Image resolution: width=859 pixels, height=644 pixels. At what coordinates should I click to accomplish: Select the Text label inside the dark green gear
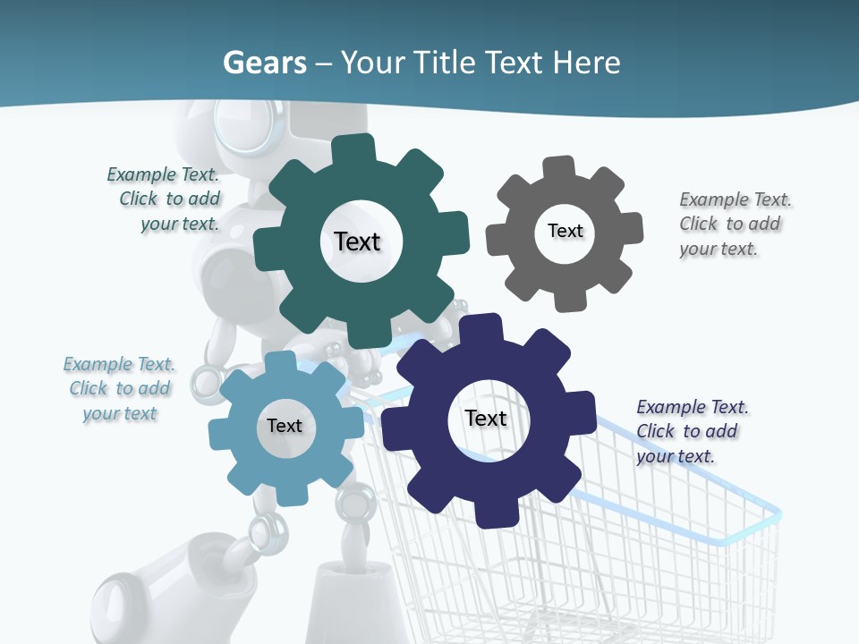click(x=357, y=241)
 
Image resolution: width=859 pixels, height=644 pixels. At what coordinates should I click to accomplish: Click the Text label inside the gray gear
click(x=565, y=231)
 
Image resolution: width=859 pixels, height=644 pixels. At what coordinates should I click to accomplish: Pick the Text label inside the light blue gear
click(x=285, y=426)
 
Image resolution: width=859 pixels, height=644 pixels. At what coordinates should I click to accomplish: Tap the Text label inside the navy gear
click(x=486, y=418)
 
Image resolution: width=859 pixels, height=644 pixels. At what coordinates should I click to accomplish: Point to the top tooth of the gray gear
click(x=558, y=167)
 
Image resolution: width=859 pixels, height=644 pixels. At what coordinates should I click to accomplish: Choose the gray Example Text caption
click(x=734, y=225)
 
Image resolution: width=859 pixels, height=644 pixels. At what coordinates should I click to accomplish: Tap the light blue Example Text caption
click(x=120, y=389)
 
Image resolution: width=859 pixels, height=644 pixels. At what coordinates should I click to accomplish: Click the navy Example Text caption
click(x=691, y=431)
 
